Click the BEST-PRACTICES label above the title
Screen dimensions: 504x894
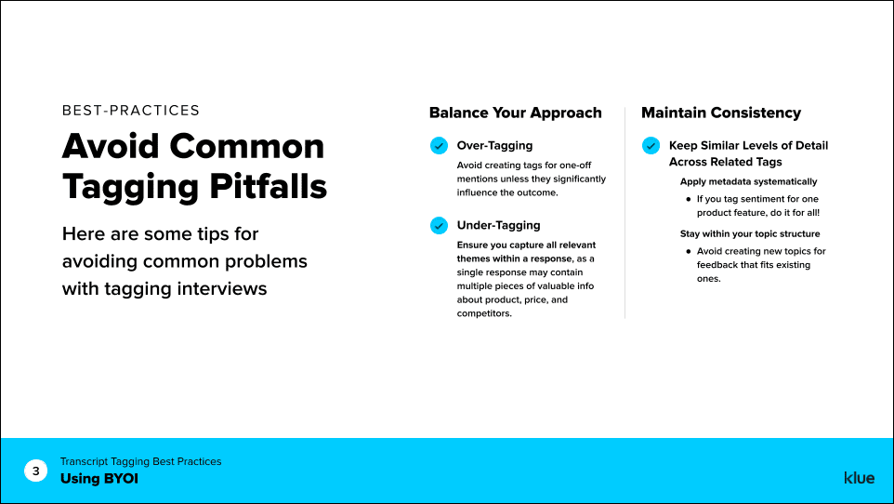pos(131,111)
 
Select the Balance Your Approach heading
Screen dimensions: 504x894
pos(515,113)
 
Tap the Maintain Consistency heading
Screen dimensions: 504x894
pos(720,113)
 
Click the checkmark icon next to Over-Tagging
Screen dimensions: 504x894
pos(439,146)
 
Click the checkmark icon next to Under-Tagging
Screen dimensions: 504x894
pos(439,225)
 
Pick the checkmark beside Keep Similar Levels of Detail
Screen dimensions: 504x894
pos(651,146)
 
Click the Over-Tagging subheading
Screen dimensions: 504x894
pos(494,146)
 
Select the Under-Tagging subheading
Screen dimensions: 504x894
pos(498,225)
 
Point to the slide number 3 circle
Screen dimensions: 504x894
pos(36,471)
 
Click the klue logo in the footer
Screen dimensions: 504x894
pos(859,478)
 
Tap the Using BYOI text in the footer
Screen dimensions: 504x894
pos(99,479)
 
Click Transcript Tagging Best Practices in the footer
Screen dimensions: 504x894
pos(140,461)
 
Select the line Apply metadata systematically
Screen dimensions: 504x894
pos(748,181)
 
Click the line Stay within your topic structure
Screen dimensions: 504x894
pos(750,233)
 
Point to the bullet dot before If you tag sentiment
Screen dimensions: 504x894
pos(688,199)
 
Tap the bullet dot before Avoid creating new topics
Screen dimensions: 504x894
pos(688,251)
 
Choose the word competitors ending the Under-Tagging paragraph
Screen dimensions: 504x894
pos(483,313)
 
